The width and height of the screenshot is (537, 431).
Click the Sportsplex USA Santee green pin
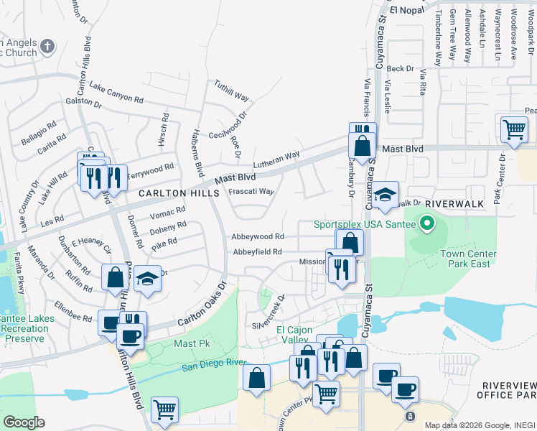point(427,223)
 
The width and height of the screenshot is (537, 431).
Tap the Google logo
point(24,422)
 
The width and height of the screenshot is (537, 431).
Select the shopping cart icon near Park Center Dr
point(514,130)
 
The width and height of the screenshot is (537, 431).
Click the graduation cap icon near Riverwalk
point(384,195)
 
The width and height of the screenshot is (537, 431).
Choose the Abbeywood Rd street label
point(257,236)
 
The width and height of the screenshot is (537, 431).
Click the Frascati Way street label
point(251,192)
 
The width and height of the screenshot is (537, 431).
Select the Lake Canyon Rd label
point(116,92)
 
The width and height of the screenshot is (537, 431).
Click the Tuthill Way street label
point(231,91)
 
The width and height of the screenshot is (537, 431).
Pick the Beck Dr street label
point(401,69)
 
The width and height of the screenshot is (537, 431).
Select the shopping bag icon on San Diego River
point(256,378)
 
